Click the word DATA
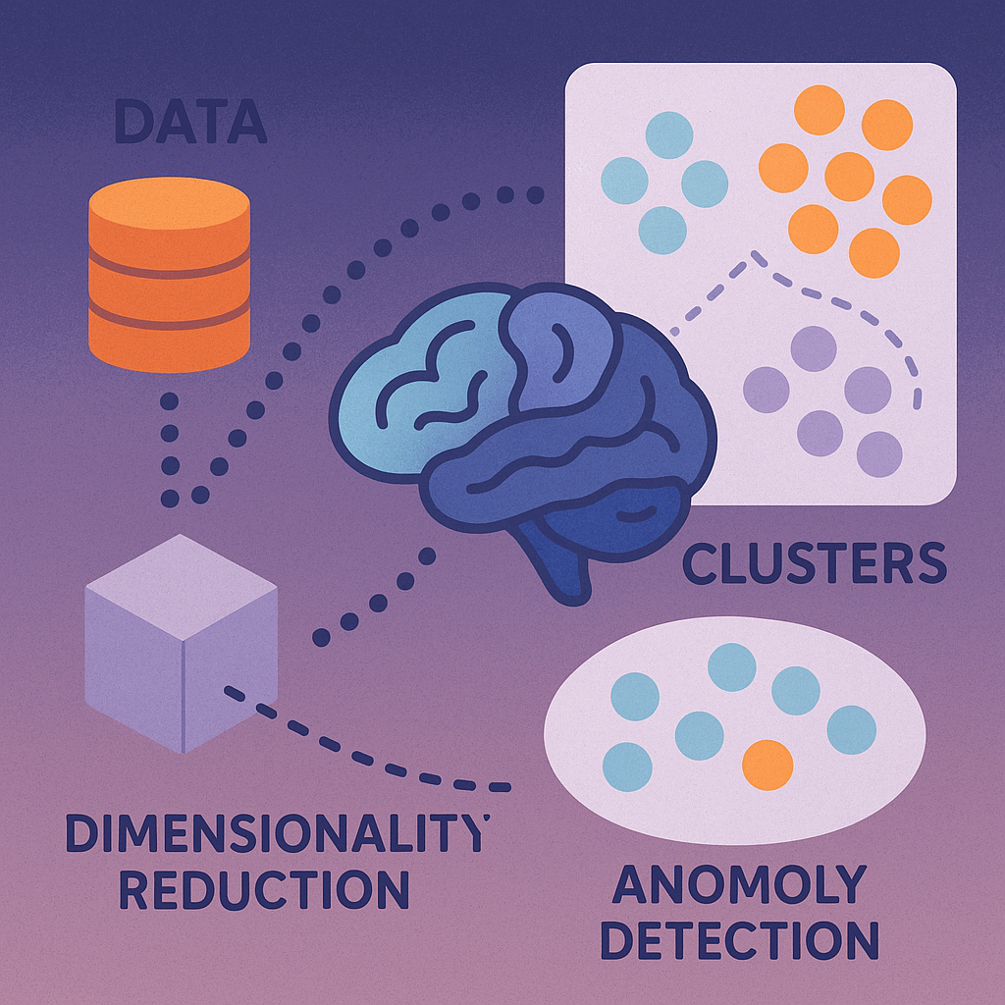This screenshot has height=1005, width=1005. coord(190,123)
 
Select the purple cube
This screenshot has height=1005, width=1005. coord(181,643)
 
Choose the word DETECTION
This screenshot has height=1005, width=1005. coord(739,939)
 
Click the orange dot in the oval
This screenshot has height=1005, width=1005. coord(767,765)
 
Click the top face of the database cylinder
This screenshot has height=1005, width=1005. coord(169,201)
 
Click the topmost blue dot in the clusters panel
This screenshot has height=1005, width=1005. coord(669,135)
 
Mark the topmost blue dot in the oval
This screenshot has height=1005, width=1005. coord(731,667)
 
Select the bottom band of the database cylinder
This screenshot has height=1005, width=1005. coord(169,339)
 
